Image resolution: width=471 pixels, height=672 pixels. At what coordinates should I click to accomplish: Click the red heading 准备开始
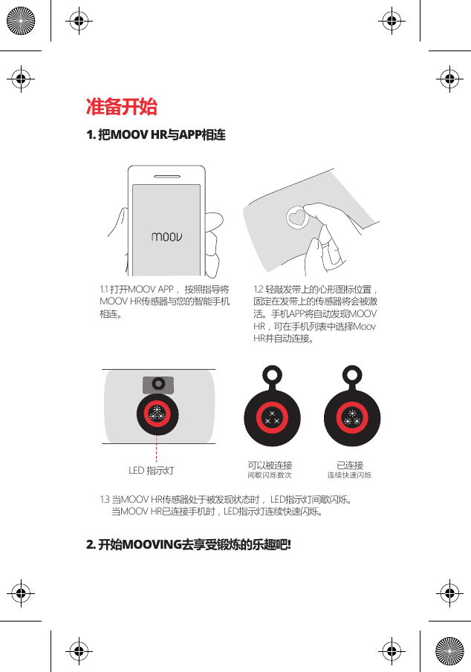pyautogui.click(x=121, y=107)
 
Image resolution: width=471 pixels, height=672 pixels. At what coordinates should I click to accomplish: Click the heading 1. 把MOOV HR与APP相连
pyautogui.click(x=156, y=135)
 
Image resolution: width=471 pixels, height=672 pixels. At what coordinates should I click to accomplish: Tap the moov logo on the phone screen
pyautogui.click(x=167, y=238)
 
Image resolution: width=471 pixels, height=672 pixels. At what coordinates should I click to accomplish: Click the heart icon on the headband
pyautogui.click(x=296, y=218)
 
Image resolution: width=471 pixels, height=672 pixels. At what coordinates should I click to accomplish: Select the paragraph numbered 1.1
pyautogui.click(x=164, y=301)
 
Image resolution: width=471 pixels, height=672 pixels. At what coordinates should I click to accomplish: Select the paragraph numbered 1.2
pyautogui.click(x=316, y=314)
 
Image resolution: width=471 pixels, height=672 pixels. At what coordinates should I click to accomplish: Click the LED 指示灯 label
pyautogui.click(x=151, y=471)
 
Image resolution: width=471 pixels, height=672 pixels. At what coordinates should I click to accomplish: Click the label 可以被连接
pyautogui.click(x=270, y=465)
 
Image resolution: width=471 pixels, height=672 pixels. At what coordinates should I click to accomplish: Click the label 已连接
pyautogui.click(x=349, y=465)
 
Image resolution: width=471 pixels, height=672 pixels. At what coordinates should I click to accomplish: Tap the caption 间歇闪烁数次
pyautogui.click(x=270, y=475)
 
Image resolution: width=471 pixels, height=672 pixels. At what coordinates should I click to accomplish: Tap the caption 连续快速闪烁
pyautogui.click(x=349, y=475)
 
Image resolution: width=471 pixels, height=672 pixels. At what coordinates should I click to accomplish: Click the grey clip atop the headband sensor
pyautogui.click(x=157, y=384)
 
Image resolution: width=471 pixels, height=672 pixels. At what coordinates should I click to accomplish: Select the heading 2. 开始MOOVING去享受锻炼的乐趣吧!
pyautogui.click(x=189, y=546)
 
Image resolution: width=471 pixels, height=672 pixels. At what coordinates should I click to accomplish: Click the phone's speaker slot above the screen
pyautogui.click(x=166, y=177)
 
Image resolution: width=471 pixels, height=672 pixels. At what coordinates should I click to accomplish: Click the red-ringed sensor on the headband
pyautogui.click(x=157, y=415)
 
